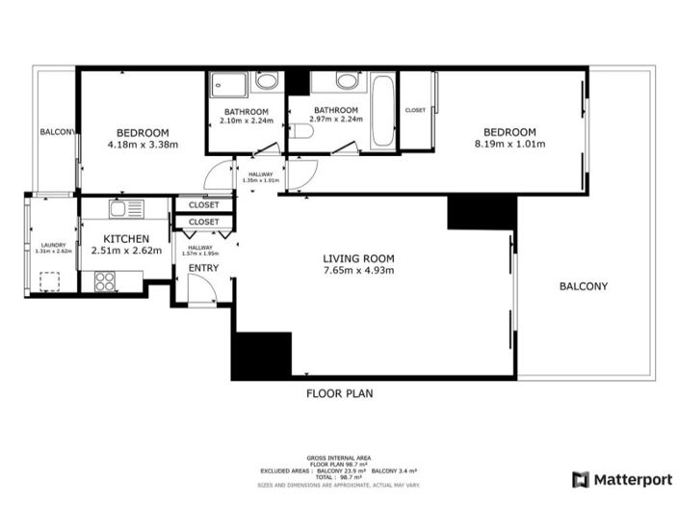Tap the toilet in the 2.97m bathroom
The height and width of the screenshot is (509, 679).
(303, 131)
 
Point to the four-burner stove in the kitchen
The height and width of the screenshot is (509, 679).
(105, 281)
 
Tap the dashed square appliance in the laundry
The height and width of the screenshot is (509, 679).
(48, 281)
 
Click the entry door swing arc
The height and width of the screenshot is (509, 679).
(201, 289)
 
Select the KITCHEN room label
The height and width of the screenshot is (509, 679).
(126, 238)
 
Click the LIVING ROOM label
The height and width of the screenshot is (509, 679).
(358, 257)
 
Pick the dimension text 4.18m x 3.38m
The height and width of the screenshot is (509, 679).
(143, 145)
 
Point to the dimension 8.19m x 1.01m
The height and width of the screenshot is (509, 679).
(509, 145)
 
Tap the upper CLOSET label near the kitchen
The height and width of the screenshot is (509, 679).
(203, 204)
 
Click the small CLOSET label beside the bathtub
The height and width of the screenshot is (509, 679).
(415, 110)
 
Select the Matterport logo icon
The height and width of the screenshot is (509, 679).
(581, 479)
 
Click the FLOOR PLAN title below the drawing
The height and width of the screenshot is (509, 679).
(339, 393)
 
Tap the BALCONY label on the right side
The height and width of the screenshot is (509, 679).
(583, 286)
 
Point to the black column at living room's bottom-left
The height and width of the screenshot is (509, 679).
(262, 354)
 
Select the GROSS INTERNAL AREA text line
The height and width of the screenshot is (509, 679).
(339, 457)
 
